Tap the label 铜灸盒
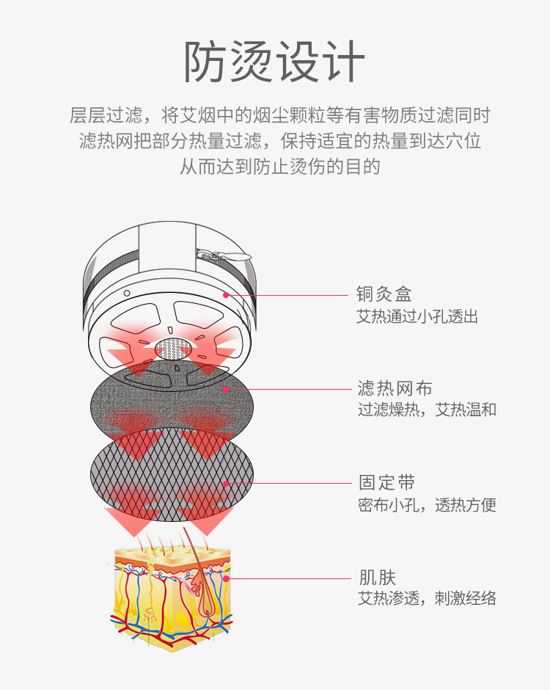click(384, 294)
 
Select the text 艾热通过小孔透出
click(417, 316)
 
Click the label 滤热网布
click(395, 388)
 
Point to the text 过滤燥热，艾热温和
click(426, 410)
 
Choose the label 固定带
click(386, 483)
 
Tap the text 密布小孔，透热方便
click(426, 505)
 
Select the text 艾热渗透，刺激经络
click(426, 598)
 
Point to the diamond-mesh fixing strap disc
click(172, 470)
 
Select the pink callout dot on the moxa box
click(226, 295)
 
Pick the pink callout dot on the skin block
click(227, 578)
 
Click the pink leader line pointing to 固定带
click(293, 484)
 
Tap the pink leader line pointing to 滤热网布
click(293, 389)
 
